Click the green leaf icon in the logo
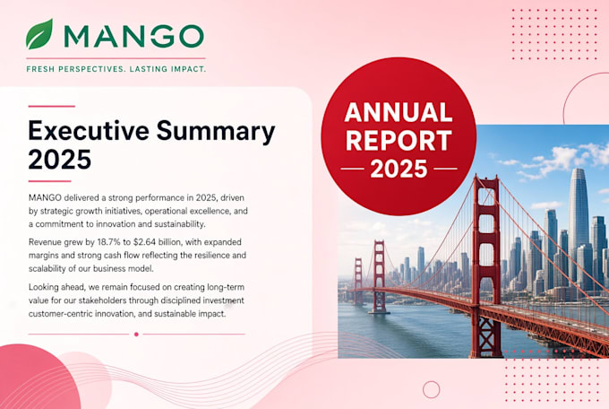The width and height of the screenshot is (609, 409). point(39,34)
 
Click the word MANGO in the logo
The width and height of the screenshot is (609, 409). point(133,36)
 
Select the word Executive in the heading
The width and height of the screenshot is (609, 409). point(89,130)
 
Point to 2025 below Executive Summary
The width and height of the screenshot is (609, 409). point(60,159)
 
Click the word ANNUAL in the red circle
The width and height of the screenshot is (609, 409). point(399,112)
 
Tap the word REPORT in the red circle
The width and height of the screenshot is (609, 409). point(399,141)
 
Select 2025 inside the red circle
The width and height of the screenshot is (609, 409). point(399,169)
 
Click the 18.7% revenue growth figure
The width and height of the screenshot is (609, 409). point(109,242)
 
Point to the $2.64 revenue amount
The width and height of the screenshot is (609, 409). point(144,242)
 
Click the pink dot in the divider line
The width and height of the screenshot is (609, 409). point(136,335)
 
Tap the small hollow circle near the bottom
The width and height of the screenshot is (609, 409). point(431,389)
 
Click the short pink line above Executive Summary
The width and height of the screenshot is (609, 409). point(52,106)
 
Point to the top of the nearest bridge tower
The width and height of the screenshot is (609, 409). point(485,178)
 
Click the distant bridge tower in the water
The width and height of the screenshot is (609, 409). point(379,276)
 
